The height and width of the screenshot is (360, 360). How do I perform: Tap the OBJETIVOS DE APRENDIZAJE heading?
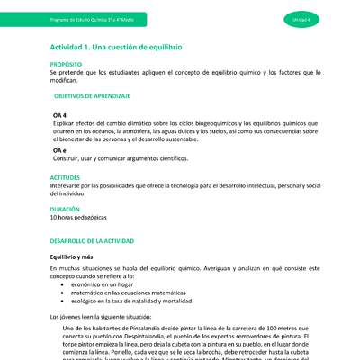coord(92,94)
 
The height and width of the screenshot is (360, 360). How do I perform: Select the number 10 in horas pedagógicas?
coord(54,218)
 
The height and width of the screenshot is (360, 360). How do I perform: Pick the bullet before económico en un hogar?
coord(62,283)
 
